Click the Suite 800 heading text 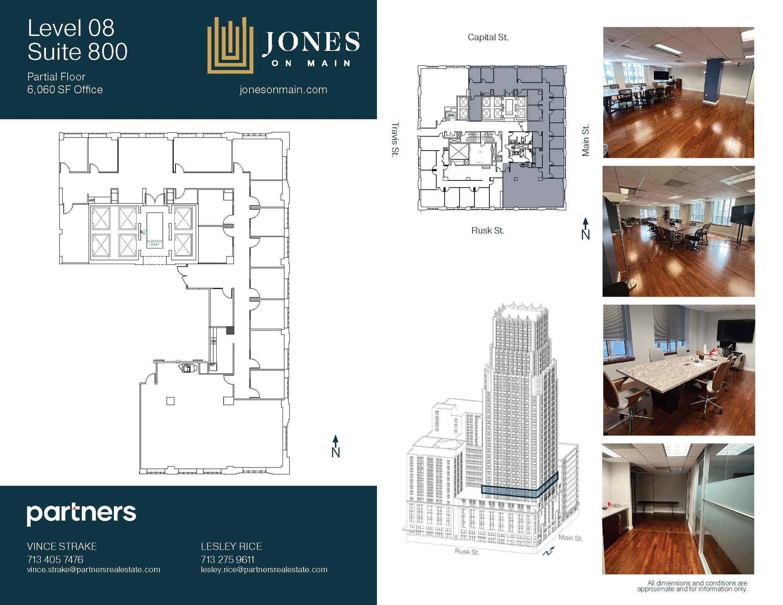77,52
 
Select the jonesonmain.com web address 283,90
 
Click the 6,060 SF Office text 65,90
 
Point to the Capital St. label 488,37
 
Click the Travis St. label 395,139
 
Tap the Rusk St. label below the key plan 487,230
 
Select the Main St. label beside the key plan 585,140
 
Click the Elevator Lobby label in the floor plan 155,243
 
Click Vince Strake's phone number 55,560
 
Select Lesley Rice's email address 264,570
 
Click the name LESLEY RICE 231,547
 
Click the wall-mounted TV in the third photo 735,331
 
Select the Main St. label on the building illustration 570,538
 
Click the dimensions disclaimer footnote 692,586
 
